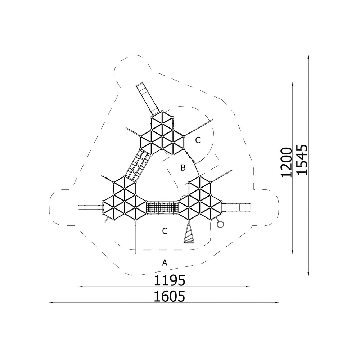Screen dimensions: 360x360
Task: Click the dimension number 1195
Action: (170, 280)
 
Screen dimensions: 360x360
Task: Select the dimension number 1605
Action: (170, 296)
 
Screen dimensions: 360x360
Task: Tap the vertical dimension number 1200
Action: (286, 163)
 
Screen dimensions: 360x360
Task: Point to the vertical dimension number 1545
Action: (302, 159)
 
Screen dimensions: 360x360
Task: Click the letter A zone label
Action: (165, 262)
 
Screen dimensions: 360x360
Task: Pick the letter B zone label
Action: (183, 168)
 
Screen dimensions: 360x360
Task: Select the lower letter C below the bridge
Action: (165, 231)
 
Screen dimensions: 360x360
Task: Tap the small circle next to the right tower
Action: (220, 224)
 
